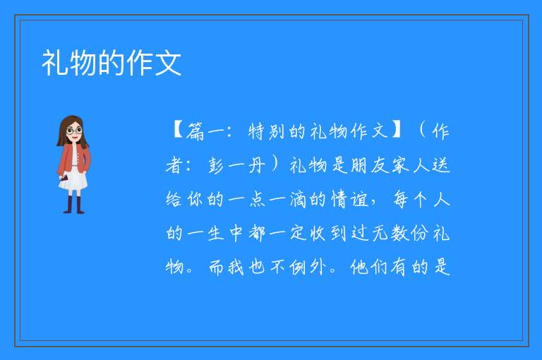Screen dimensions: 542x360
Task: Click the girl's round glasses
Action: pyautogui.click(x=74, y=131)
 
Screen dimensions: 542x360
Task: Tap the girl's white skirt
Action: pyautogui.click(x=73, y=179)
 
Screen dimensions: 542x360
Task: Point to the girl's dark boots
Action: pyautogui.click(x=74, y=205)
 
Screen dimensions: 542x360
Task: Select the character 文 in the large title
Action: pyautogui.click(x=168, y=63)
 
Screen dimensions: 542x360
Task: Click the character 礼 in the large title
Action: pyautogui.click(x=54, y=63)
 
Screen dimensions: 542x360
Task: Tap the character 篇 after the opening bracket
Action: pyautogui.click(x=195, y=132)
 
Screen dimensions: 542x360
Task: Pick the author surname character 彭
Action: pyautogui.click(x=217, y=166)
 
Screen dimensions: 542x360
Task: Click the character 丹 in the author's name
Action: pyautogui.click(x=256, y=165)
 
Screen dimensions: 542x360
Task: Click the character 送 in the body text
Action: pyautogui.click(x=441, y=165)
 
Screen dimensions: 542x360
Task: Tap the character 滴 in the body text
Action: pyautogui.click(x=298, y=200)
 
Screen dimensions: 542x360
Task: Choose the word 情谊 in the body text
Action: pyautogui.click(x=350, y=200)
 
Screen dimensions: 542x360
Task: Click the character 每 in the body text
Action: pyautogui.click(x=401, y=200)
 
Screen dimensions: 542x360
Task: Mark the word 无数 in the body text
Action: pyautogui.click(x=391, y=233)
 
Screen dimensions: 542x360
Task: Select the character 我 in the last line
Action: pyautogui.click(x=236, y=267)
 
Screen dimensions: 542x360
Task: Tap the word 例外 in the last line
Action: pyautogui.click(x=308, y=267)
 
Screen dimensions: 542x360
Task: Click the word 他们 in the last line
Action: pyautogui.click(x=368, y=267)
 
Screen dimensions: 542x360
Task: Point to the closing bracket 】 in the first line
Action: pyautogui.click(x=397, y=131)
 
